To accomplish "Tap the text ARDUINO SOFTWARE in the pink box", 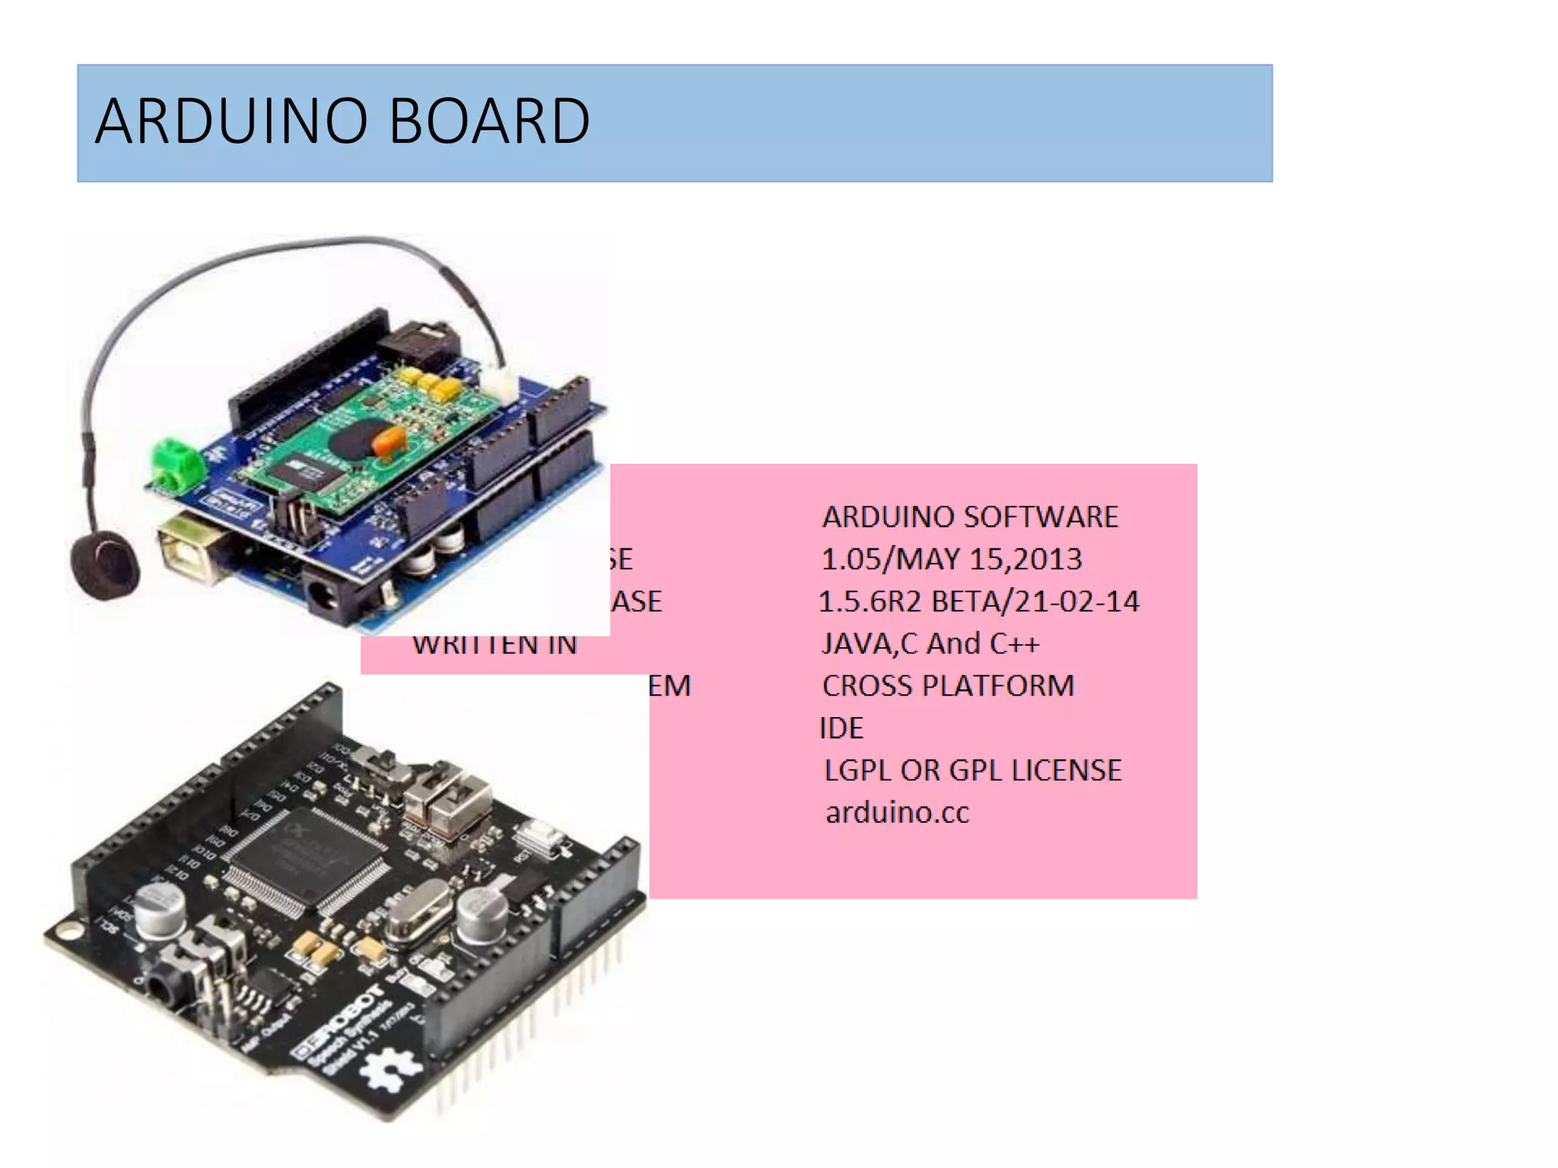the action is [x=970, y=517].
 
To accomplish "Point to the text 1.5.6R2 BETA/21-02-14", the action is [x=978, y=601].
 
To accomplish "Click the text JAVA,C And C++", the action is [x=930, y=644].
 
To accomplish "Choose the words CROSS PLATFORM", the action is [x=948, y=686].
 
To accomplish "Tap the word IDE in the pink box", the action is [x=841, y=728].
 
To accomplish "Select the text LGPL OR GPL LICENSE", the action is [x=973, y=770].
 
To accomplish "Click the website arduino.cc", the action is [x=898, y=813].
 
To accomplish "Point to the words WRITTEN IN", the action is [x=494, y=646].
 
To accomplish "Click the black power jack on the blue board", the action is [x=335, y=597].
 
